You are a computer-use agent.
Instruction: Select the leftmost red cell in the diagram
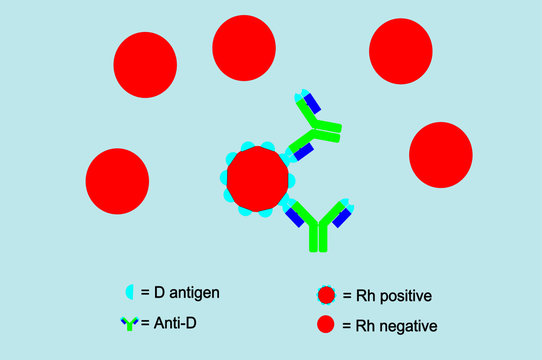pos(117,181)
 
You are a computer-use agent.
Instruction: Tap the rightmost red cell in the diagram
pos(440,155)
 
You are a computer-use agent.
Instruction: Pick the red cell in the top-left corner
pos(145,65)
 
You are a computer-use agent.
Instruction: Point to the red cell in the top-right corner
pos(400,51)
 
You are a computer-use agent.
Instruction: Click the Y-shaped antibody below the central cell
pos(318,224)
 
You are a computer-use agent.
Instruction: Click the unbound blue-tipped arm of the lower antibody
pos(343,214)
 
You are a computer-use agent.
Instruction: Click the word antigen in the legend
pos(194,293)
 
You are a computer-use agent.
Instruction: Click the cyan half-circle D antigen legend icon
pos(129,293)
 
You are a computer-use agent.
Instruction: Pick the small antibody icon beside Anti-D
pos(129,322)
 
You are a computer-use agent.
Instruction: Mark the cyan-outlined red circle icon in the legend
pos(325,295)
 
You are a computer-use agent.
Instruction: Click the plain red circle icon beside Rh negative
pos(325,325)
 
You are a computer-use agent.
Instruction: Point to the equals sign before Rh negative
pos(347,326)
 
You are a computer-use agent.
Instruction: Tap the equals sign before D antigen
pos(145,293)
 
